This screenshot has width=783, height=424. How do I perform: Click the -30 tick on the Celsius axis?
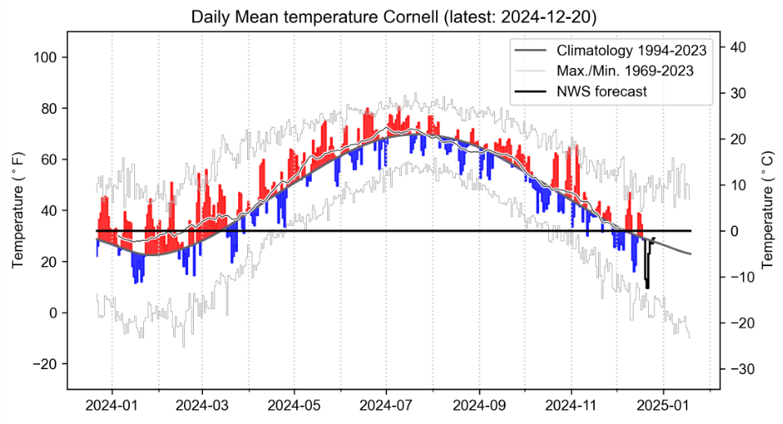click(734, 369)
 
